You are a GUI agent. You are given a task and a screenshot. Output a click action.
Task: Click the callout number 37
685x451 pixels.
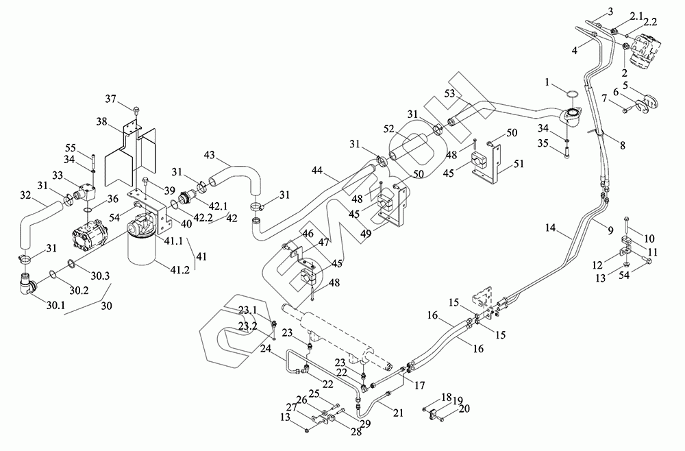click(110, 99)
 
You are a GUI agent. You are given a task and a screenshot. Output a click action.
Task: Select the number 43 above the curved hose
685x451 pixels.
click(209, 156)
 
